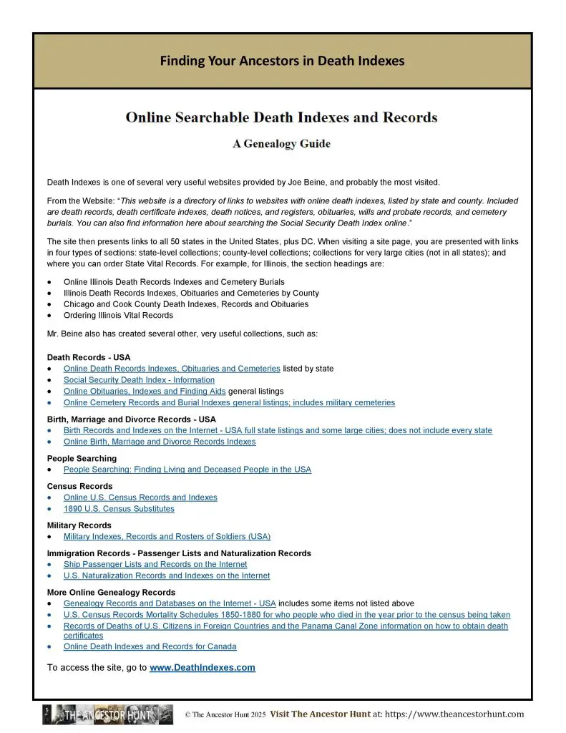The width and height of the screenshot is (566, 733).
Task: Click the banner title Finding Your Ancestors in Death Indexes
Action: [x=282, y=61]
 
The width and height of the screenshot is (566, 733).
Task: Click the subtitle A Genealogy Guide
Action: [x=281, y=143]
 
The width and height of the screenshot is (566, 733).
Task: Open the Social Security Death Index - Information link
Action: [x=139, y=380]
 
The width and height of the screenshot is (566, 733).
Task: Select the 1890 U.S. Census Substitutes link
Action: [x=119, y=509]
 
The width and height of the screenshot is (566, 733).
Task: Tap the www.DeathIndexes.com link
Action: [x=202, y=668]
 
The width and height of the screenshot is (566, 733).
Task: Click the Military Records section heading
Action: [x=79, y=525]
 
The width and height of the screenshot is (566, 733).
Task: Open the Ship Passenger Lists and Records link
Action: [x=155, y=565]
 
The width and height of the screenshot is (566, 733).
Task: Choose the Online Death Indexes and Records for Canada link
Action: [x=150, y=646]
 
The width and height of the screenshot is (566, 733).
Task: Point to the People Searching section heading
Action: [x=82, y=458]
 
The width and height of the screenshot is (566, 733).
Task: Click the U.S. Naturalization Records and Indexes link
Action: [x=167, y=576]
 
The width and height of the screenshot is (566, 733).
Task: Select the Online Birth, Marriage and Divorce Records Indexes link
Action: [x=160, y=442]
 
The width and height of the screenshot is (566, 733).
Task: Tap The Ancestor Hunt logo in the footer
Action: [x=107, y=714]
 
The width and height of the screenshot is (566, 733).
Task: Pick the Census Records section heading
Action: [x=79, y=486]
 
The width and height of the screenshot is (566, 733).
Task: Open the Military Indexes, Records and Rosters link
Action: [x=167, y=536]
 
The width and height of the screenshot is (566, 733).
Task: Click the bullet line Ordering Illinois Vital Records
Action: [x=118, y=315]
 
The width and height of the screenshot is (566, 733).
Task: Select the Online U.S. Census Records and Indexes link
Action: [x=140, y=497]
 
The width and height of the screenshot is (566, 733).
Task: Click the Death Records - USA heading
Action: [x=89, y=357]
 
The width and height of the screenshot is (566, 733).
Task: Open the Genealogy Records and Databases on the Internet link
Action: [x=170, y=603]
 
